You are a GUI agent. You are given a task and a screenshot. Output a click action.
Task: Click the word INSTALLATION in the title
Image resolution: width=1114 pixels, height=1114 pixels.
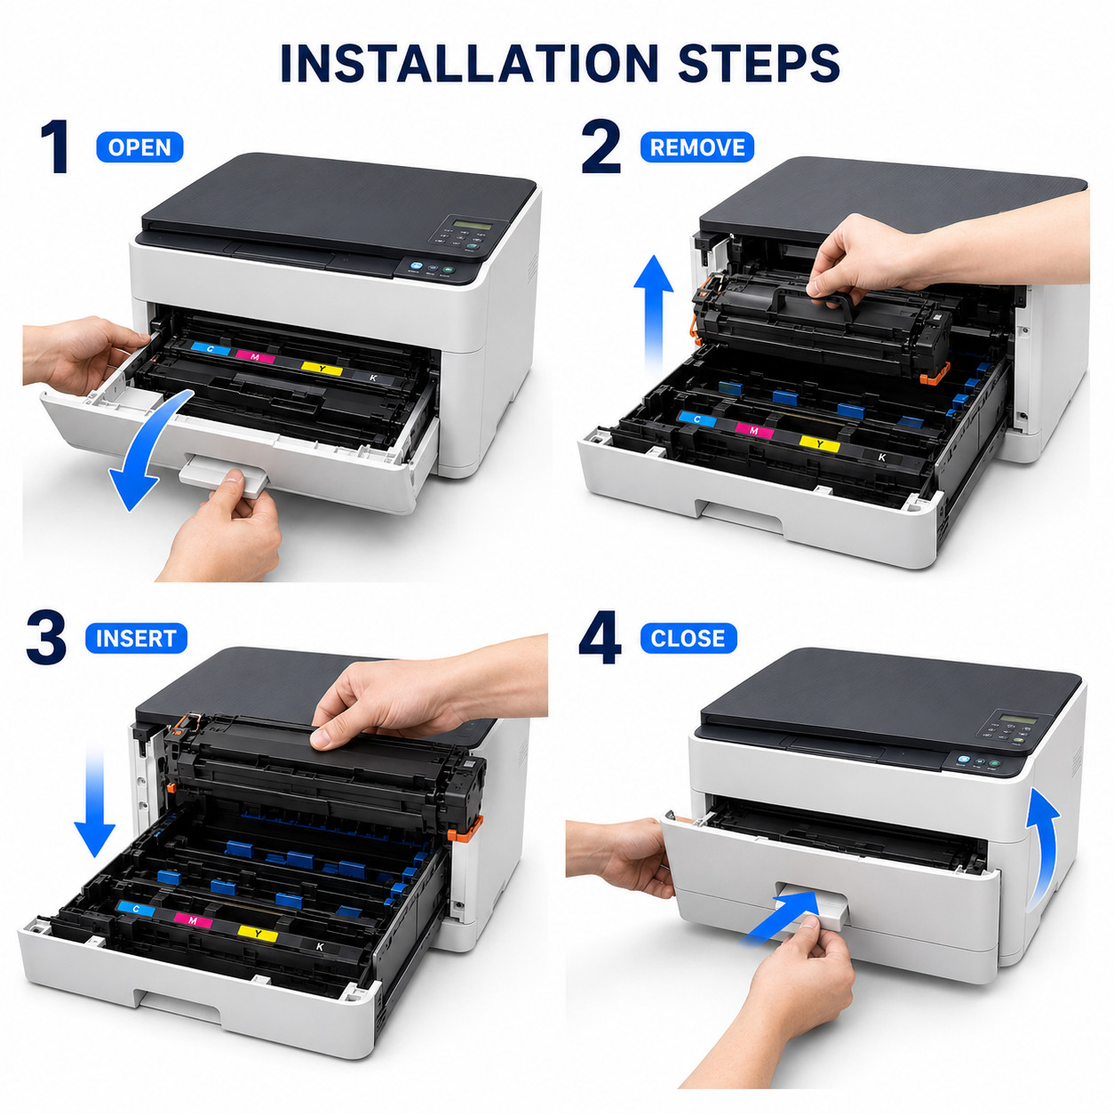(469, 62)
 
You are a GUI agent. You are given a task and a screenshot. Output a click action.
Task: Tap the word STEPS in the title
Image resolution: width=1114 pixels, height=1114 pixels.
(759, 62)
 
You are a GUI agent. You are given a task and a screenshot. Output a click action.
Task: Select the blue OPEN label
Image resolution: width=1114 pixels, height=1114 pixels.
(139, 147)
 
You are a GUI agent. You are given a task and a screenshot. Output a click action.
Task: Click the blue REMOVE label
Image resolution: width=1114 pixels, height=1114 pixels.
(697, 147)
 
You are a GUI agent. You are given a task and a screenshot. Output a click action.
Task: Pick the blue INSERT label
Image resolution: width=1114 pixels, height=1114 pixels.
(136, 638)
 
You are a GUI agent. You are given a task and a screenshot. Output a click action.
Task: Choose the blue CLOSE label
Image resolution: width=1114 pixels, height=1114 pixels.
(688, 638)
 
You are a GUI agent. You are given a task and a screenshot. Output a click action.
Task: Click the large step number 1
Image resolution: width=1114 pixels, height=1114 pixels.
(56, 147)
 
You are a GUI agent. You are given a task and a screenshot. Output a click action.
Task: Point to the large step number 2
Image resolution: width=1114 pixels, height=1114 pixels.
(601, 147)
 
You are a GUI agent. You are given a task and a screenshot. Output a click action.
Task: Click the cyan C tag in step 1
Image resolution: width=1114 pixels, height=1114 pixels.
(210, 348)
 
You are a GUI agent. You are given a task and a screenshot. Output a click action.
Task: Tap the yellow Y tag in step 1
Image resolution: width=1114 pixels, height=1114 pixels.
(322, 368)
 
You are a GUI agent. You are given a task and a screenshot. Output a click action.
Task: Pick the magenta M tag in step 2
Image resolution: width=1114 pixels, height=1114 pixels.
(753, 430)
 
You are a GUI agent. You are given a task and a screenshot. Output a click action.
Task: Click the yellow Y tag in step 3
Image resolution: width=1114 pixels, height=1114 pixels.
(258, 933)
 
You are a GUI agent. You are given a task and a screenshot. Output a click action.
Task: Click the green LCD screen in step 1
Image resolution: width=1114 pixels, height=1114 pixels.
(472, 224)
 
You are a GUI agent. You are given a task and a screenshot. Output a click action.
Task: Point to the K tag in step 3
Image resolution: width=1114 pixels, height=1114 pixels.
(320, 947)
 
